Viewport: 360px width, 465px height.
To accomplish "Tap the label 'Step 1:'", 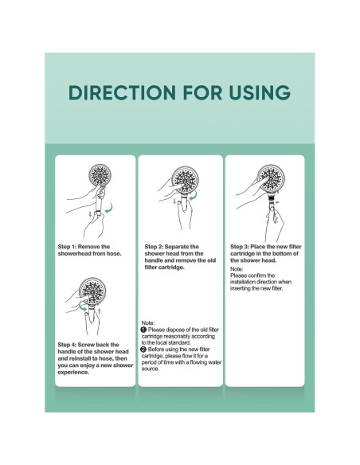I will pyautogui.click(x=73, y=247).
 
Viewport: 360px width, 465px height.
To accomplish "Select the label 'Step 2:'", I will pyautogui.click(x=159, y=247).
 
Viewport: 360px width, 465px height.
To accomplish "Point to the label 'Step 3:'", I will pyautogui.click(x=245, y=247).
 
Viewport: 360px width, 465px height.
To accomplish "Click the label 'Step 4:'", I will pyautogui.click(x=73, y=343).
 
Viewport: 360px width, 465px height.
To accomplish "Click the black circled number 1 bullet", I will pyautogui.click(x=143, y=328).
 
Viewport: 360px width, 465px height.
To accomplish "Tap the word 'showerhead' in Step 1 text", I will pyautogui.click(x=76, y=254).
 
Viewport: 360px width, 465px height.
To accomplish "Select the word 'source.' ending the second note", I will pyautogui.click(x=155, y=369).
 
